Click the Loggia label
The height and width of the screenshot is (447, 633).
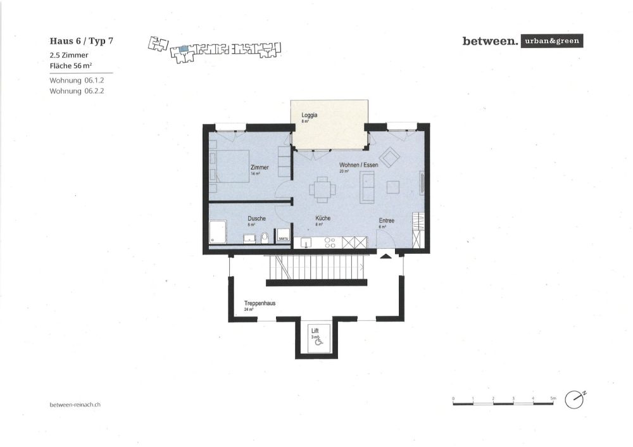point(309,115)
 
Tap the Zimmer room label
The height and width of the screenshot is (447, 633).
point(260,167)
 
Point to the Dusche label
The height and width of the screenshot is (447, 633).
point(256,218)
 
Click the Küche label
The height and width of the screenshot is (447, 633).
point(323,218)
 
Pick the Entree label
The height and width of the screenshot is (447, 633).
point(386,220)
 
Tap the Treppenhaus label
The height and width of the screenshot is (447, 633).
point(260,303)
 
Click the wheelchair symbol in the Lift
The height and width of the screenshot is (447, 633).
point(318,342)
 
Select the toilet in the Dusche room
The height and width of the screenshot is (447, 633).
point(265,238)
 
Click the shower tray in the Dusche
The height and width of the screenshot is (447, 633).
point(218,231)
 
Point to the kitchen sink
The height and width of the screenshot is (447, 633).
point(307,242)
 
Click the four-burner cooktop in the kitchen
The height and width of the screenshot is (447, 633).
point(329,242)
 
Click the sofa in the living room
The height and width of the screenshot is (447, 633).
point(367,187)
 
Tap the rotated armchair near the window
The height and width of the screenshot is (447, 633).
point(389,156)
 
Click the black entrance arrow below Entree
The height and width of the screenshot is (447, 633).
point(385,256)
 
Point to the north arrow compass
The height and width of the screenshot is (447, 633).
point(575,400)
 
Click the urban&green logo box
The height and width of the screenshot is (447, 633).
point(550,42)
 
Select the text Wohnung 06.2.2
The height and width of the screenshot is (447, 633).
point(76,91)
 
